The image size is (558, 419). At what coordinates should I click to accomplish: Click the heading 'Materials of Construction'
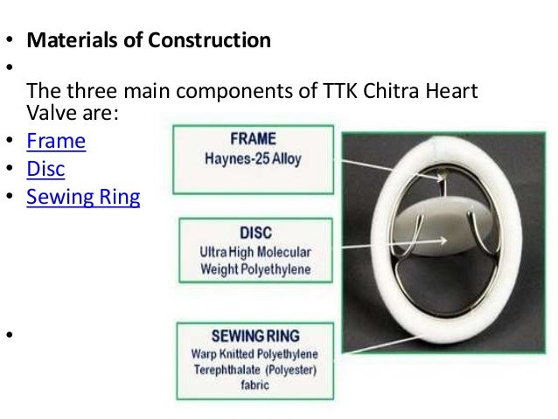149,40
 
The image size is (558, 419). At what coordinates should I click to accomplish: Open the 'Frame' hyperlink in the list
56,140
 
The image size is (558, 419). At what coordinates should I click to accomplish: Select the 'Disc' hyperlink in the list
45,168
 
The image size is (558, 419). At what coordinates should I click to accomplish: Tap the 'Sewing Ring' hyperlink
83,197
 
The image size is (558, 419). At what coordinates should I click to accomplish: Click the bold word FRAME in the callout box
252,139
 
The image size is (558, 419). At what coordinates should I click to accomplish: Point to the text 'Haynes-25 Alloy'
252,157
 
